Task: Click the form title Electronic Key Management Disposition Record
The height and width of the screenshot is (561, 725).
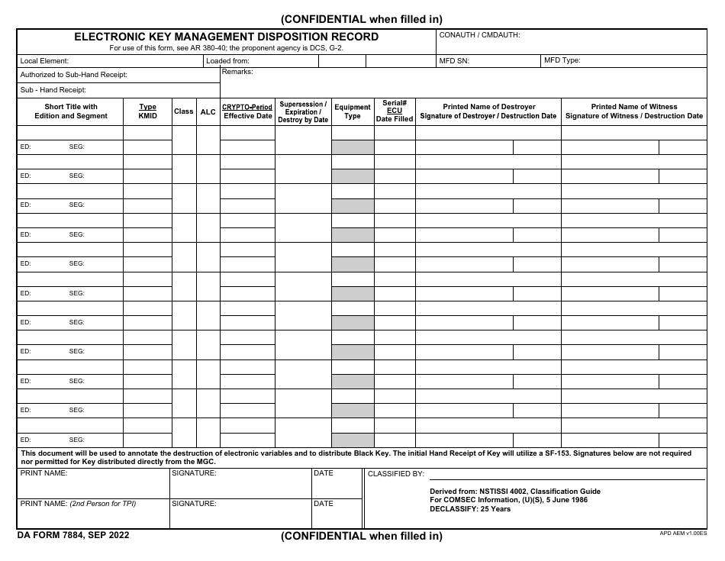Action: tap(226, 37)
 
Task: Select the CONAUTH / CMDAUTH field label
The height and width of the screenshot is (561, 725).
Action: tap(479, 35)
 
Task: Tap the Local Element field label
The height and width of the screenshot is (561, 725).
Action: tap(44, 60)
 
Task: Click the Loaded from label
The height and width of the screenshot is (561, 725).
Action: tap(227, 60)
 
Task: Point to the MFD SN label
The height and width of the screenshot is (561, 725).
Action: tap(454, 60)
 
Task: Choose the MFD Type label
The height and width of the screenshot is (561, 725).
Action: tap(562, 60)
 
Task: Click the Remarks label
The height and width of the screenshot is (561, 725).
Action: tap(237, 72)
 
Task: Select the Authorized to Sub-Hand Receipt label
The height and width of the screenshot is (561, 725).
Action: tap(73, 75)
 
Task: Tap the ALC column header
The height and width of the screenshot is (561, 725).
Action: tap(208, 111)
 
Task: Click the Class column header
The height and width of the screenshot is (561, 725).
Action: tap(183, 111)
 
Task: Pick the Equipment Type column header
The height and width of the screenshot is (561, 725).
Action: tap(353, 111)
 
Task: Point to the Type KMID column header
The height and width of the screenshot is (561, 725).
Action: tap(147, 111)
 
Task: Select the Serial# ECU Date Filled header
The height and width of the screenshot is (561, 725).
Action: tap(395, 111)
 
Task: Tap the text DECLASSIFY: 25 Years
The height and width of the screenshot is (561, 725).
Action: tap(470, 509)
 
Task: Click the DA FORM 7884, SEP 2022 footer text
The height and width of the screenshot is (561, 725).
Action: tap(73, 535)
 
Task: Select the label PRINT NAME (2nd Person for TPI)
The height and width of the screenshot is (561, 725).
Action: tap(78, 504)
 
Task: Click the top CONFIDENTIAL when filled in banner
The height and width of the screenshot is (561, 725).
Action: tap(362, 19)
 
